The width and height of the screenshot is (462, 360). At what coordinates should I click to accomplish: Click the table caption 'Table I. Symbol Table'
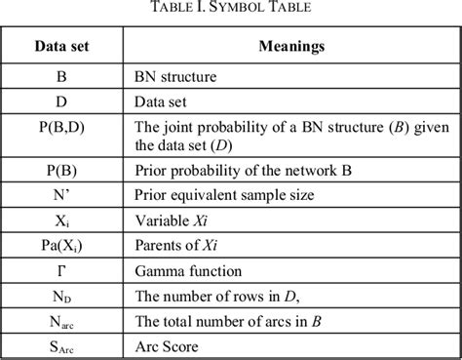coord(230,12)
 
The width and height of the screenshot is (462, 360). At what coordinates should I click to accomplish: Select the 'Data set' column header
coord(62,47)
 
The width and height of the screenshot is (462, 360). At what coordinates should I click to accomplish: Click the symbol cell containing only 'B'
coord(62,74)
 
